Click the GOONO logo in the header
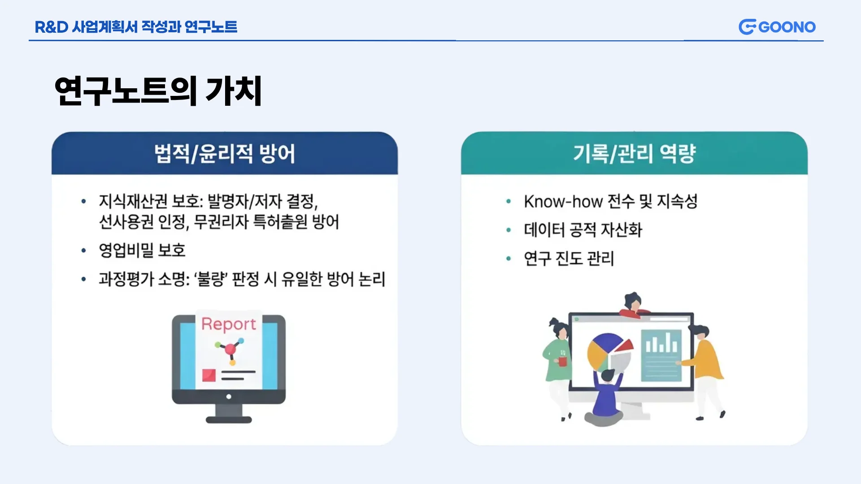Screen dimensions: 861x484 (x=777, y=27)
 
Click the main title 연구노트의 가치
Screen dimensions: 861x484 (x=158, y=91)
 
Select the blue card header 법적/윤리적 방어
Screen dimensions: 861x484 (x=225, y=153)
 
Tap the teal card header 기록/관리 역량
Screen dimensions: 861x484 (x=634, y=153)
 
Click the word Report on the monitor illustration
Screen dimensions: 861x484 (x=229, y=324)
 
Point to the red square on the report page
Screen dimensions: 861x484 (x=209, y=375)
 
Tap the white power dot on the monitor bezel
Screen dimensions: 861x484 (x=229, y=397)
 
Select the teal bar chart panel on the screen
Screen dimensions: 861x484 (x=661, y=355)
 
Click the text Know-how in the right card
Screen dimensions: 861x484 (x=563, y=202)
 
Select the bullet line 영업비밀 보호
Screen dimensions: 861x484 (x=142, y=250)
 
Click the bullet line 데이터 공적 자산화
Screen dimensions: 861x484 (x=583, y=230)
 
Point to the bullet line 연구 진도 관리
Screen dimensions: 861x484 (x=569, y=258)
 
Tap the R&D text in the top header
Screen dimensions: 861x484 (x=51, y=27)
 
